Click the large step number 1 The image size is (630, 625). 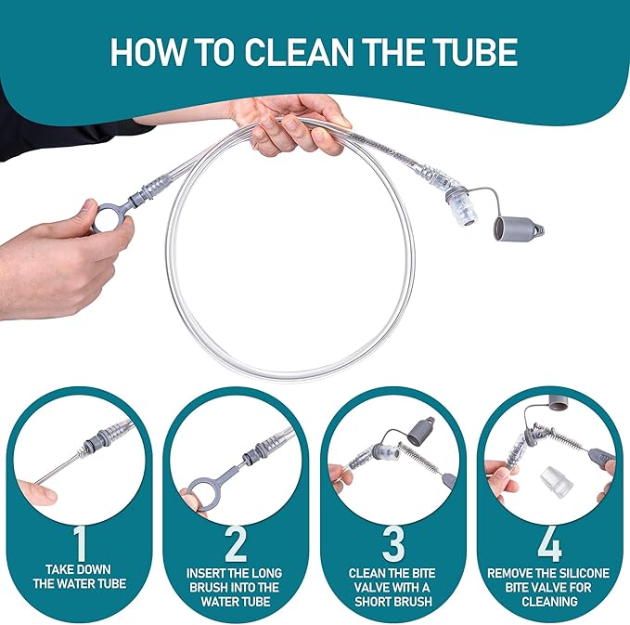(80, 543)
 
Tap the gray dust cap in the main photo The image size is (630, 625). (517, 229)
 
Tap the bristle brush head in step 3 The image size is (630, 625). (420, 458)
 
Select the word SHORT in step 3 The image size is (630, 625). (373, 601)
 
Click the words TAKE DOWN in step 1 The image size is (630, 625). (78, 569)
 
